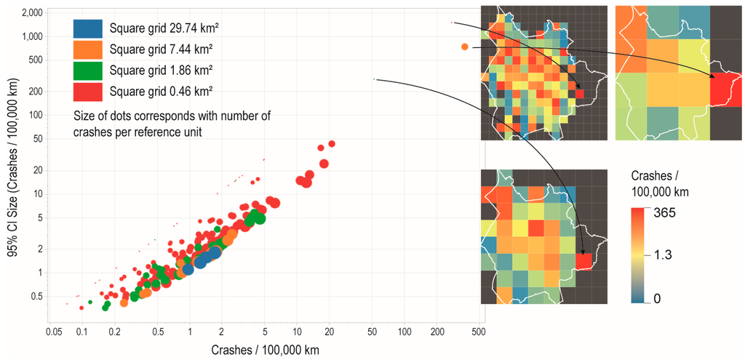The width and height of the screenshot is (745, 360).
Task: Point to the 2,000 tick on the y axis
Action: [x=32, y=13]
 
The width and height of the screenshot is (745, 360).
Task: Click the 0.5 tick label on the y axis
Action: [x=36, y=296]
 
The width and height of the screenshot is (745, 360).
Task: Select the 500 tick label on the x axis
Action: [x=478, y=332]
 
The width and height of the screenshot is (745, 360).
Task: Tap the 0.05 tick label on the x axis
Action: [x=53, y=332]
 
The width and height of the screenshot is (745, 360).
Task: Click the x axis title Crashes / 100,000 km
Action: [x=265, y=348]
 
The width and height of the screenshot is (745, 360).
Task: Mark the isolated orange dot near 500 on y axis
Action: [x=464, y=47]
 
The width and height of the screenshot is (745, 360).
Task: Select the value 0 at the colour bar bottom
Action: [x=657, y=297]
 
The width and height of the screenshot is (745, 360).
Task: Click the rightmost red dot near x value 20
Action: [x=331, y=144]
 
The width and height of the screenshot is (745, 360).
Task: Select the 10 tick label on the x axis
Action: [x=297, y=332]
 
